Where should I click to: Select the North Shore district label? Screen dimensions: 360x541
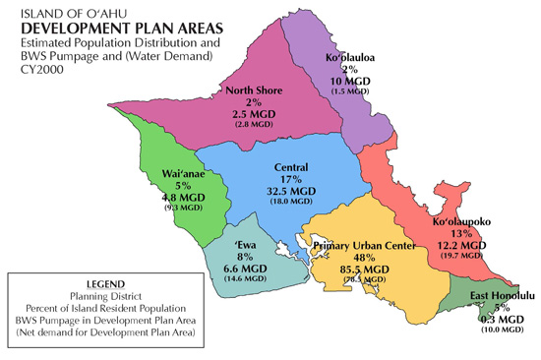tap(255, 90)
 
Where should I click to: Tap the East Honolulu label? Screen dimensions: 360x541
tap(502, 295)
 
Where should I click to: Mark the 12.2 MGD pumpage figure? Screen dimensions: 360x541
tap(466, 246)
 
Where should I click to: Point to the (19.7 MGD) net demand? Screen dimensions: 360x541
tap(466, 258)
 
